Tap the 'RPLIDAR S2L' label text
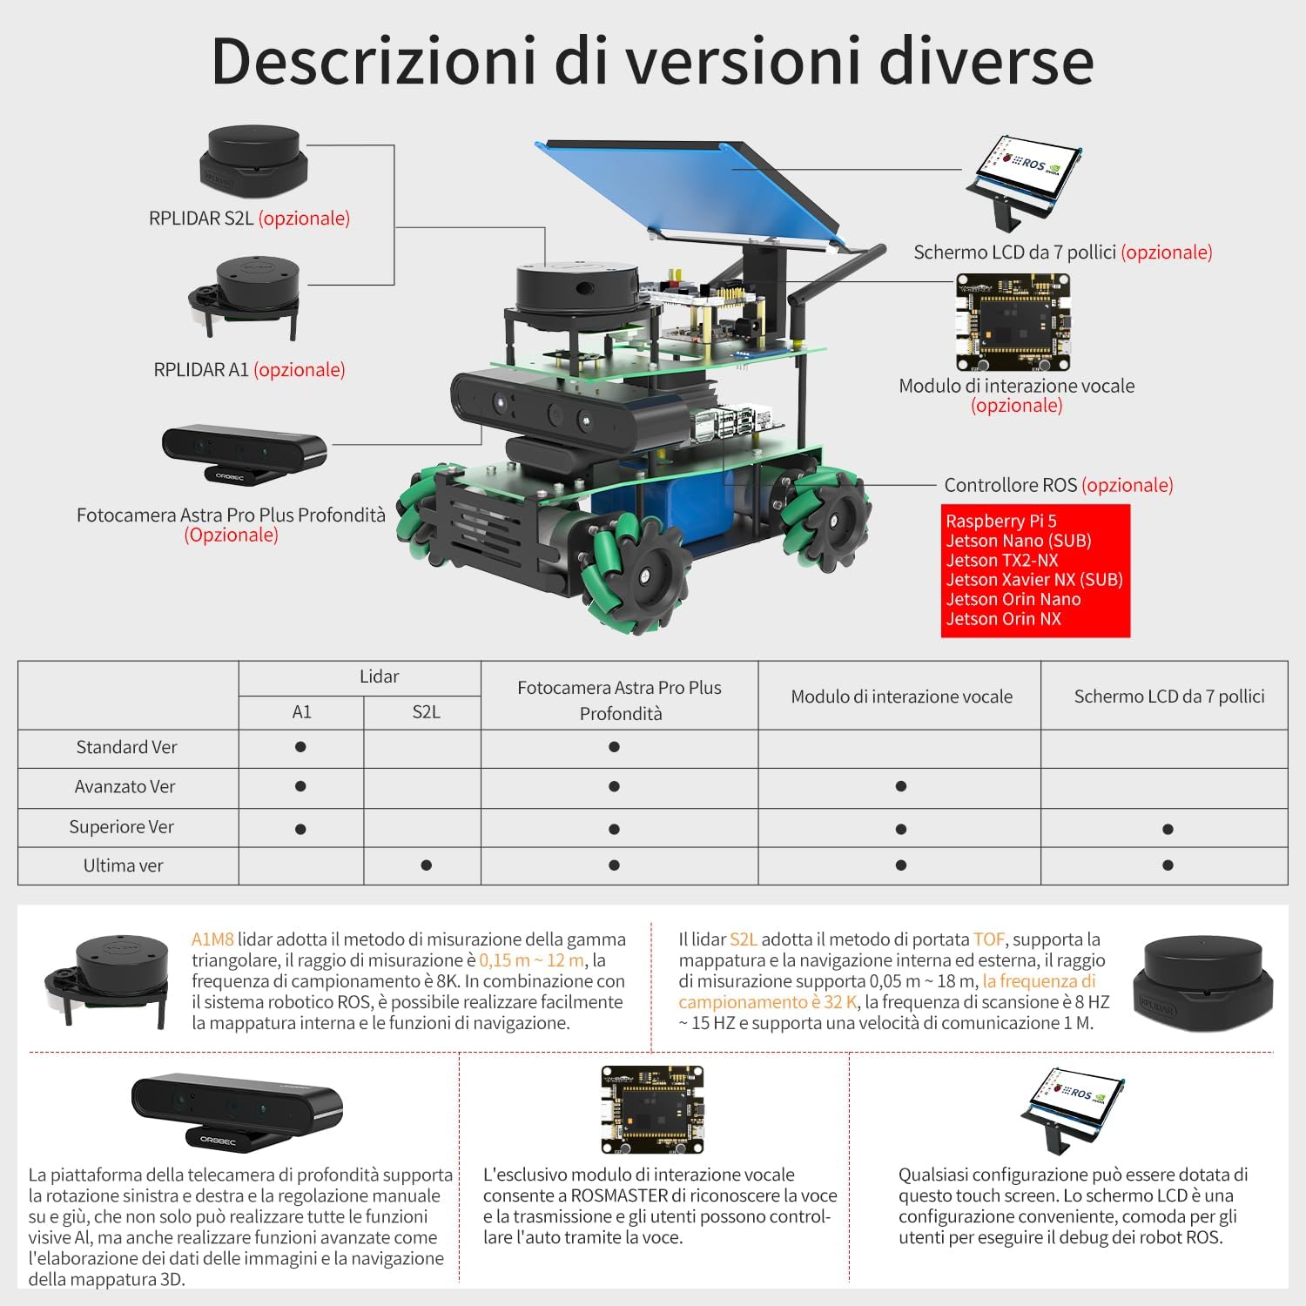[201, 219]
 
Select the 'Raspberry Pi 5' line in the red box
[1001, 521]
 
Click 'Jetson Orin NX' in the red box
[1004, 619]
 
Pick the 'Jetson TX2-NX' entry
[1002, 560]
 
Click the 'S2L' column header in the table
[426, 712]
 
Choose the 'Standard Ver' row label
[126, 747]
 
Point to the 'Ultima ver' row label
[123, 865]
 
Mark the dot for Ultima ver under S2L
[426, 865]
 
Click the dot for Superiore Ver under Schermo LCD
[1168, 829]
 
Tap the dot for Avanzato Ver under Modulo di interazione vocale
[901, 786]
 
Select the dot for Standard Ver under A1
[300, 747]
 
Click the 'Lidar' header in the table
[379, 677]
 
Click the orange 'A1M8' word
[212, 939]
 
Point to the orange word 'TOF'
[989, 939]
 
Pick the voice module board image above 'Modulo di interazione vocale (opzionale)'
[1013, 324]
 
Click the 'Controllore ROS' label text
[1011, 485]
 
